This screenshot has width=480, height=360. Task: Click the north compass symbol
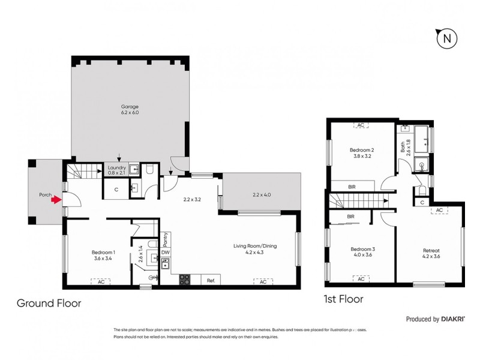(446, 39)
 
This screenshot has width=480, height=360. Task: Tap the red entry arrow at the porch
(55, 201)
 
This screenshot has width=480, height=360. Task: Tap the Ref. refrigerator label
(211, 280)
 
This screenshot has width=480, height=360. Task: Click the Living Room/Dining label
(256, 248)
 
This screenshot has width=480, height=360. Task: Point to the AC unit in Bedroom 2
(361, 125)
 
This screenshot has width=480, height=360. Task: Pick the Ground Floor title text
(49, 304)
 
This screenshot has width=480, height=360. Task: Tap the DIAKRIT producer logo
(458, 319)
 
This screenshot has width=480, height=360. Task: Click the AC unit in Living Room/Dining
(263, 280)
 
